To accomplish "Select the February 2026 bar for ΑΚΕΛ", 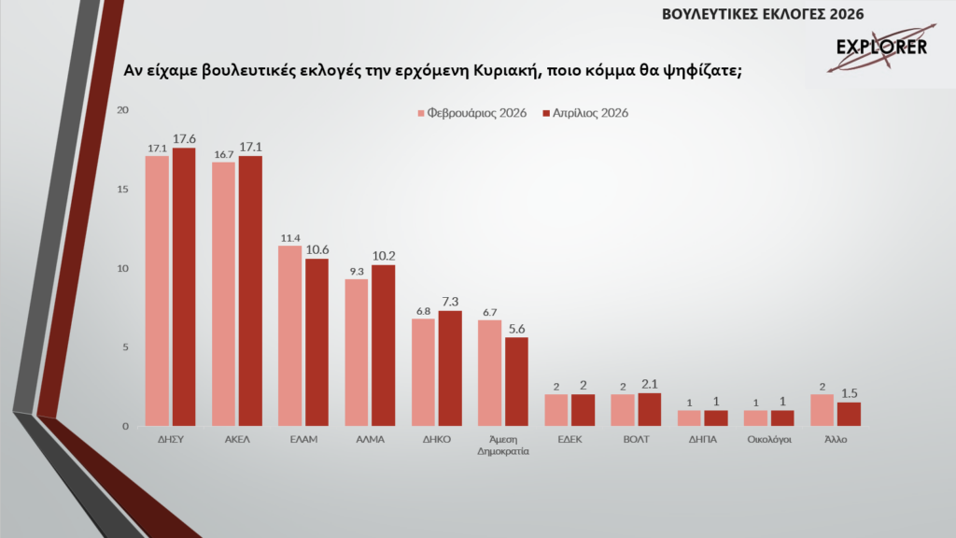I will click(x=223, y=294).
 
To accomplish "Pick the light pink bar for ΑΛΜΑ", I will click(x=356, y=352).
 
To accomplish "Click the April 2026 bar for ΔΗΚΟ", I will click(x=450, y=368).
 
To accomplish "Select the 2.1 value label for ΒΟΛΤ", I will click(x=650, y=384).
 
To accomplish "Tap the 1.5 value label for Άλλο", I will click(x=849, y=393).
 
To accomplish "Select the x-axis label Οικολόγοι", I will click(x=769, y=439).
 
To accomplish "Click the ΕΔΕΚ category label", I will click(x=569, y=439).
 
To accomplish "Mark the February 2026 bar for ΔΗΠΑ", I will click(x=689, y=418).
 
